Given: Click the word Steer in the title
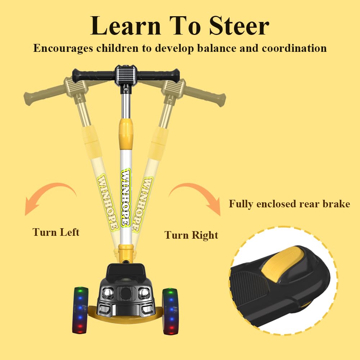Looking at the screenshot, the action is click(239, 26).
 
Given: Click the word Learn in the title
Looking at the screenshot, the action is click(126, 26).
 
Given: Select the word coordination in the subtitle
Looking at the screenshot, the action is click(294, 48).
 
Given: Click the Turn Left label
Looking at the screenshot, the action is click(56, 232).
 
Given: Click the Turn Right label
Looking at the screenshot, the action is click(191, 235).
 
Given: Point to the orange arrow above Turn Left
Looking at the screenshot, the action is click(48, 189).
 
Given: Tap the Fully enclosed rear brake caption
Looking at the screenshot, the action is click(289, 204).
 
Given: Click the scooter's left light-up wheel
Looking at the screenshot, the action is click(81, 310).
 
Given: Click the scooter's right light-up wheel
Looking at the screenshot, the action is click(171, 311).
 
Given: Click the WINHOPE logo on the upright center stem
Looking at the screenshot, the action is click(126, 197).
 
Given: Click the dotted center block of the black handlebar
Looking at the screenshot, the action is click(126, 75).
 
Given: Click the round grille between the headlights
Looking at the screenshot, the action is click(126, 293).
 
